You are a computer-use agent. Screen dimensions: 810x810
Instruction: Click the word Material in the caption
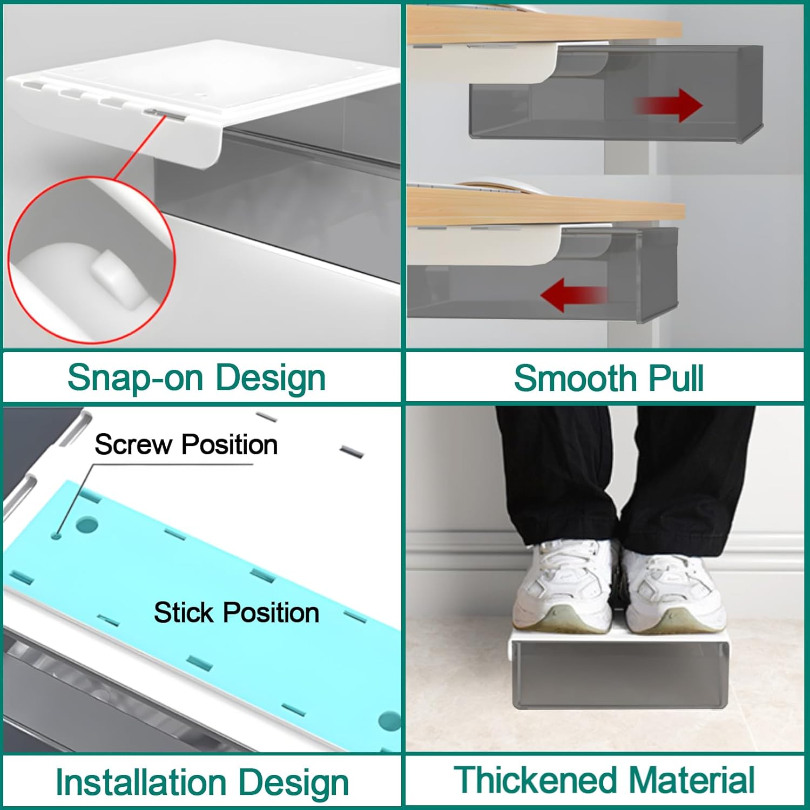coord(692,780)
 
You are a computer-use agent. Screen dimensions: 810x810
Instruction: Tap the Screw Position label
coord(186,445)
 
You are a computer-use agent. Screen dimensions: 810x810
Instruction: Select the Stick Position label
coord(237,613)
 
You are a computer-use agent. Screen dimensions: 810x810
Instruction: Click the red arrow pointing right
coord(668,105)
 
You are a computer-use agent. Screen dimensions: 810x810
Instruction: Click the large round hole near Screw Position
coord(87,524)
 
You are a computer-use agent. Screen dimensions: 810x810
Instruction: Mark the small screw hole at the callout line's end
coord(56,536)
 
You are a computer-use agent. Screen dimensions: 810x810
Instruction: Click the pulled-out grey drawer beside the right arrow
coord(616,92)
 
